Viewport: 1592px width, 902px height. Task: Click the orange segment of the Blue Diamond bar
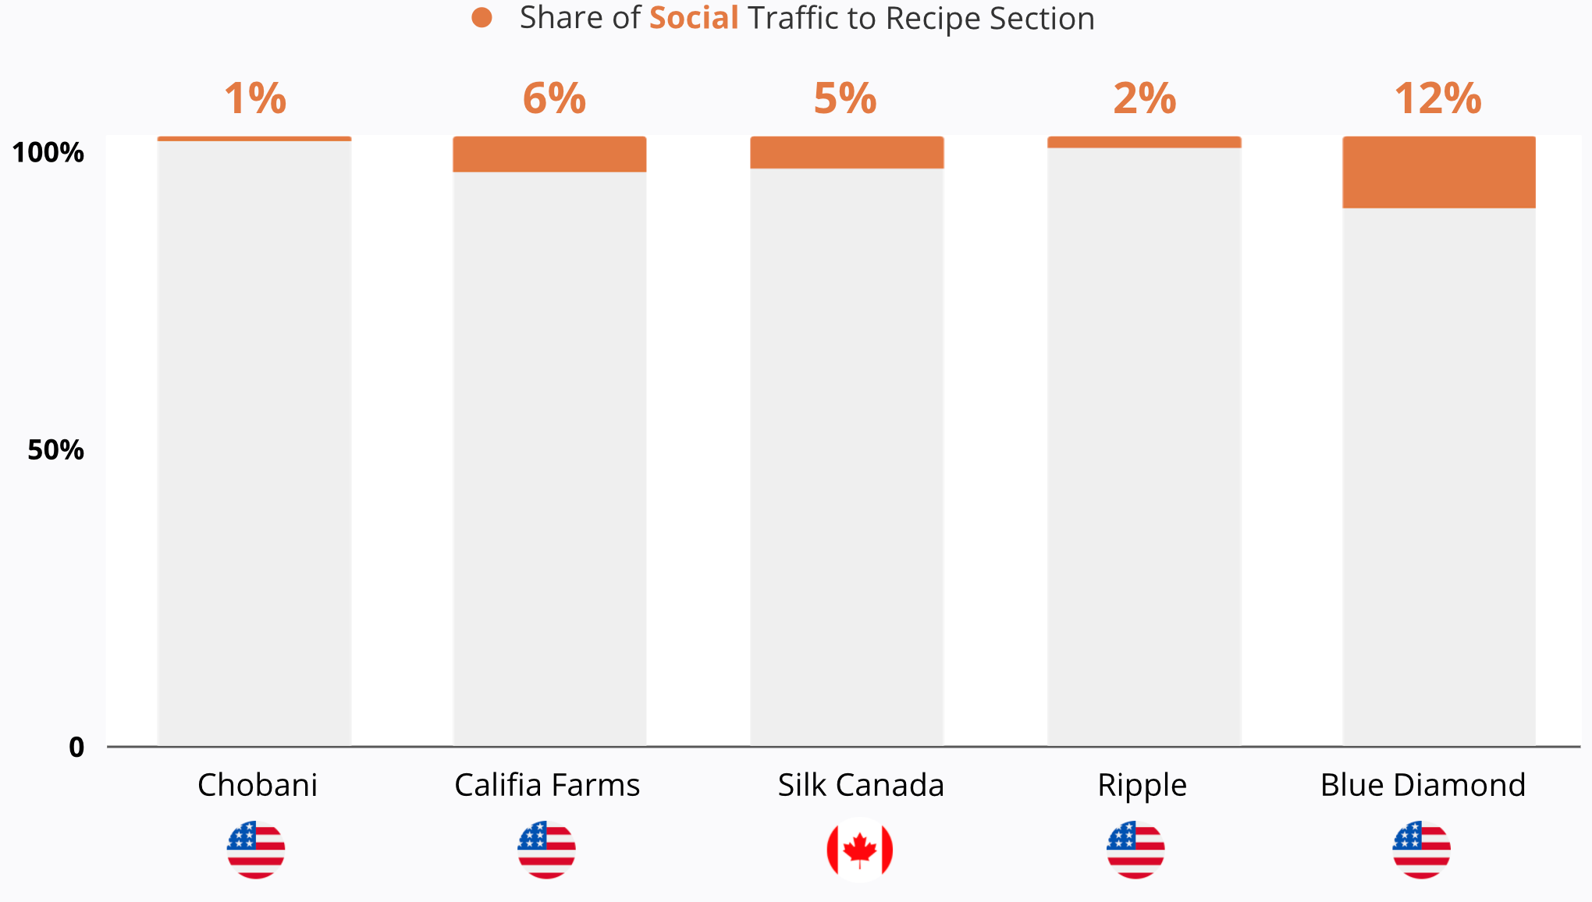click(x=1438, y=172)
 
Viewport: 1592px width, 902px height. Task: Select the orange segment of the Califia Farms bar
click(x=549, y=154)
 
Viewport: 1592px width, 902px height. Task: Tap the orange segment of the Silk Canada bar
click(x=847, y=153)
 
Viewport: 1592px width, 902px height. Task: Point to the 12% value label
click(x=1437, y=99)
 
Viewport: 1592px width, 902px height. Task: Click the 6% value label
click(x=554, y=99)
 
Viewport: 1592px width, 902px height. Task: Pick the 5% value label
click(x=845, y=99)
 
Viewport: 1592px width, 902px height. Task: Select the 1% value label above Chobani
click(x=255, y=99)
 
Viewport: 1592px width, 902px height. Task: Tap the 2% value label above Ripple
click(x=1144, y=99)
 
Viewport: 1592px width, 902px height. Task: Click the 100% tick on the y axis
click(x=48, y=152)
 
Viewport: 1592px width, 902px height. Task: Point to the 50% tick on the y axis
click(x=55, y=449)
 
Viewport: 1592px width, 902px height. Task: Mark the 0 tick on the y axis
click(x=76, y=747)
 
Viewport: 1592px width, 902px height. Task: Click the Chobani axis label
click(x=258, y=785)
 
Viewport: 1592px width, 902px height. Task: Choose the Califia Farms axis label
click(x=547, y=785)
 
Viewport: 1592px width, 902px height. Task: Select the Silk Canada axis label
click(x=861, y=785)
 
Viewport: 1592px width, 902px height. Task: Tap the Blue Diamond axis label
click(x=1423, y=785)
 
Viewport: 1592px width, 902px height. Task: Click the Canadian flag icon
click(x=859, y=850)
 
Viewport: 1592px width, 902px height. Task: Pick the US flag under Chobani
click(x=256, y=850)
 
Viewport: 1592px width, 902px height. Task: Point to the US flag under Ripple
click(x=1135, y=850)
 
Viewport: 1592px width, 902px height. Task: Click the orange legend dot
click(x=482, y=18)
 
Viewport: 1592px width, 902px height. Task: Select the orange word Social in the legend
click(x=694, y=18)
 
